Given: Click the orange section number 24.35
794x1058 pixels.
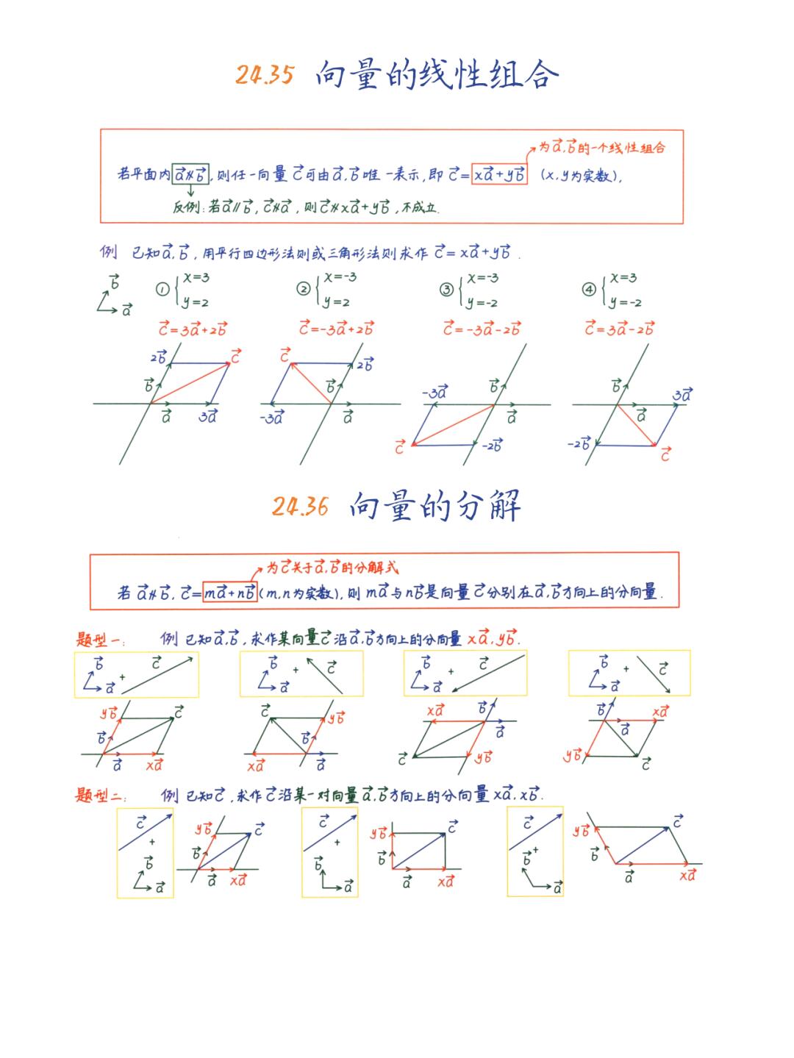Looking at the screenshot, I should pyautogui.click(x=265, y=74).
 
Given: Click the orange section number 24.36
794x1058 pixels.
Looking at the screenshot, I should pyautogui.click(x=300, y=507).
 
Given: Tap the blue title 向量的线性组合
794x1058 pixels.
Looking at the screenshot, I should pyautogui.click(x=437, y=74).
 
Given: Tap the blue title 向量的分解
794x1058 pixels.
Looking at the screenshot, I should pyautogui.click(x=435, y=507).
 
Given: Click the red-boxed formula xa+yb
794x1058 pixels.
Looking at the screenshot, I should pyautogui.click(x=500, y=175).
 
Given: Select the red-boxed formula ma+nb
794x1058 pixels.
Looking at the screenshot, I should pyautogui.click(x=229, y=593).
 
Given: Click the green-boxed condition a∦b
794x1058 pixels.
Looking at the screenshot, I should pyautogui.click(x=190, y=174).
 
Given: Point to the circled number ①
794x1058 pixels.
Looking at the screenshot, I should pyautogui.click(x=162, y=290).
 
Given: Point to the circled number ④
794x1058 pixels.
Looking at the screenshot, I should pyautogui.click(x=589, y=290).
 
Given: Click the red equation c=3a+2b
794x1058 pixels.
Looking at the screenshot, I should pyautogui.click(x=193, y=329).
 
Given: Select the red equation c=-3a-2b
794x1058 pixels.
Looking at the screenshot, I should pyautogui.click(x=482, y=329).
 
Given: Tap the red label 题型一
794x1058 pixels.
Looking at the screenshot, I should pyautogui.click(x=101, y=639).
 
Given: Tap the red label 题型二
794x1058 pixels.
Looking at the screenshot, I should pyautogui.click(x=101, y=795).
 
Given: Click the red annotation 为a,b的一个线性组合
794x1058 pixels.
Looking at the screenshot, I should pyautogui.click(x=602, y=147).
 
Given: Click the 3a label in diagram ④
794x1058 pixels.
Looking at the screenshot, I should pyautogui.click(x=682, y=396).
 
